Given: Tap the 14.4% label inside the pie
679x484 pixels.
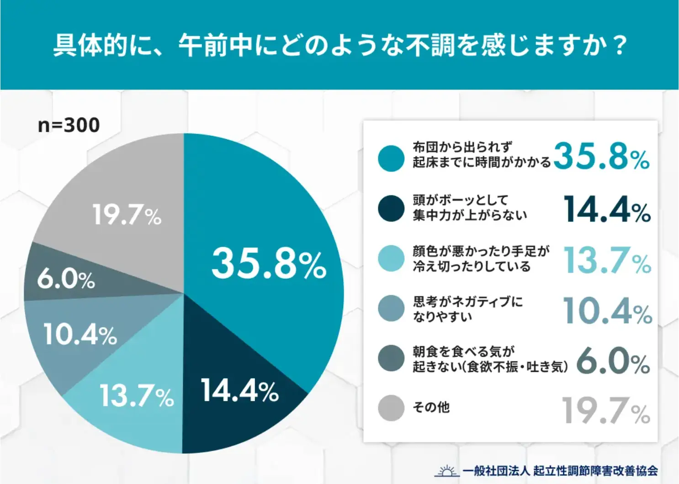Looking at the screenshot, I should pyautogui.click(x=240, y=391).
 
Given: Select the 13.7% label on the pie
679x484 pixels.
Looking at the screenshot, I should pyautogui.click(x=137, y=396).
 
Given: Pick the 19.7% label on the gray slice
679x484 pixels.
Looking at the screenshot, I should pyautogui.click(x=127, y=215).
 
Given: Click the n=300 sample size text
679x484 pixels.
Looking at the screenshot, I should pyautogui.click(x=69, y=125).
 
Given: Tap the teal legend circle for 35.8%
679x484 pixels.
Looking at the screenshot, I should pyautogui.click(x=391, y=158).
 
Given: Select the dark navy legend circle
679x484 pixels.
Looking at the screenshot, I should pyautogui.click(x=391, y=208).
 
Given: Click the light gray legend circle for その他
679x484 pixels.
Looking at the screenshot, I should pyautogui.click(x=391, y=408).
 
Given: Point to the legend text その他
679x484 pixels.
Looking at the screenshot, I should pyautogui.click(x=431, y=407).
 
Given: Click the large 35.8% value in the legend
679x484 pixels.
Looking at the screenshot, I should pyautogui.click(x=601, y=156).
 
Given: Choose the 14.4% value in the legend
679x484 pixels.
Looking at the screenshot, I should pyautogui.click(x=607, y=210).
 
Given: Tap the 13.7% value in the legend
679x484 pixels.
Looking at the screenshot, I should pyautogui.click(x=607, y=260).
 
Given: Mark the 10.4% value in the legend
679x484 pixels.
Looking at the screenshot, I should pyautogui.click(x=607, y=311).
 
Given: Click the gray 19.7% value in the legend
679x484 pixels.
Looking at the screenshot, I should pyautogui.click(x=605, y=411).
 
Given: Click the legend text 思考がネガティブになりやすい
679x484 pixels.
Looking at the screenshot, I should pyautogui.click(x=467, y=309).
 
